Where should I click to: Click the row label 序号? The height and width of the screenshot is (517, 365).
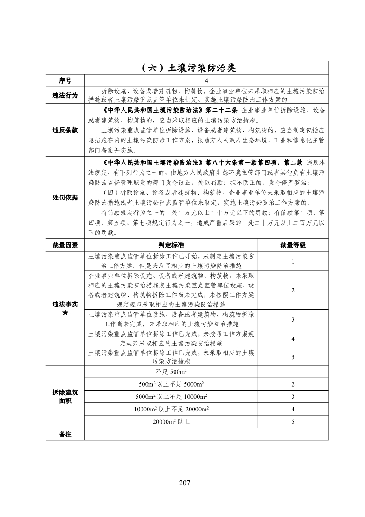[65, 80]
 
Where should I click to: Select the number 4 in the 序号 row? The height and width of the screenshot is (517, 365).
[206, 80]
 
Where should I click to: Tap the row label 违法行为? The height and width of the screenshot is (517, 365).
[65, 95]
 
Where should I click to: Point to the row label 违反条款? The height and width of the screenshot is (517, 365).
[65, 130]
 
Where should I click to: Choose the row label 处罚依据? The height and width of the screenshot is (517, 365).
[65, 197]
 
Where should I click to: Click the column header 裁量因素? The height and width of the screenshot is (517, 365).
[65, 245]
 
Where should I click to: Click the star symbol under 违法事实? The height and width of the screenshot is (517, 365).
[65, 313]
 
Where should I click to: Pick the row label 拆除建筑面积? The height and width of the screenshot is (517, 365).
[65, 397]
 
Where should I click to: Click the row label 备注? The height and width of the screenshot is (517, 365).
[65, 434]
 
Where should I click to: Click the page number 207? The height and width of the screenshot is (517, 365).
[185, 482]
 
